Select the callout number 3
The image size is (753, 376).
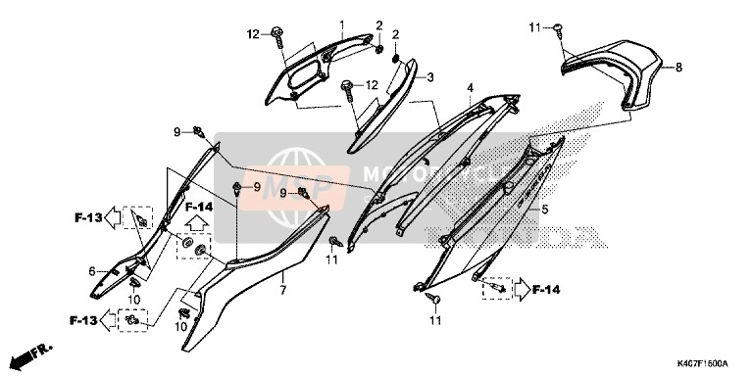tap(429, 75)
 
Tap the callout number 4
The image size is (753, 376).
tap(471, 89)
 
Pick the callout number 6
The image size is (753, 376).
tap(92, 271)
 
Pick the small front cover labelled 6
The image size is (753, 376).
tap(118, 269)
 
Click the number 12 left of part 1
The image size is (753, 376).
tap(252, 35)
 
